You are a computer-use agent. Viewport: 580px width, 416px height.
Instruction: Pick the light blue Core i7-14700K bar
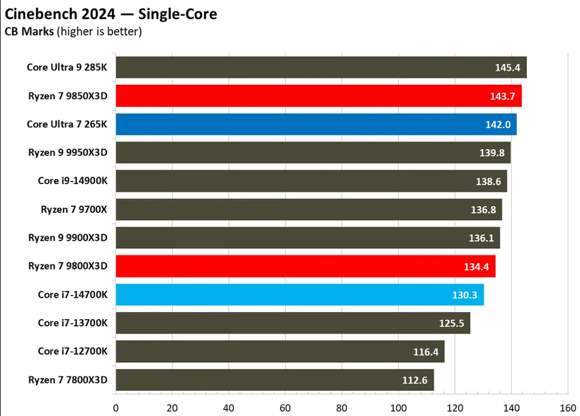pos(299,295)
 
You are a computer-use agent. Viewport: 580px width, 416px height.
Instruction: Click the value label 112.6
pos(415,380)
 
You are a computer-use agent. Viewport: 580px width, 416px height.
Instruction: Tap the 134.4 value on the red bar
pos(476,267)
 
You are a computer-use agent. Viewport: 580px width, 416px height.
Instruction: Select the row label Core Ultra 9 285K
pos(67,67)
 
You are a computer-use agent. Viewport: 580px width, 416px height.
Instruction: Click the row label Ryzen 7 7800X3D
pos(68,380)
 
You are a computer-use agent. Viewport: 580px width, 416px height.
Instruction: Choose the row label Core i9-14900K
pos(72,181)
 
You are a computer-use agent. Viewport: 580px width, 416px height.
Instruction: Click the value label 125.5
pos(451,323)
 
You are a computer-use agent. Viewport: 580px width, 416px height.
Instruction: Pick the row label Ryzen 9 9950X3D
pos(68,152)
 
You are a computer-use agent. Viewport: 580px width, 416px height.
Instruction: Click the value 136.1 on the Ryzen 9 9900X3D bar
pos(481,238)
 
